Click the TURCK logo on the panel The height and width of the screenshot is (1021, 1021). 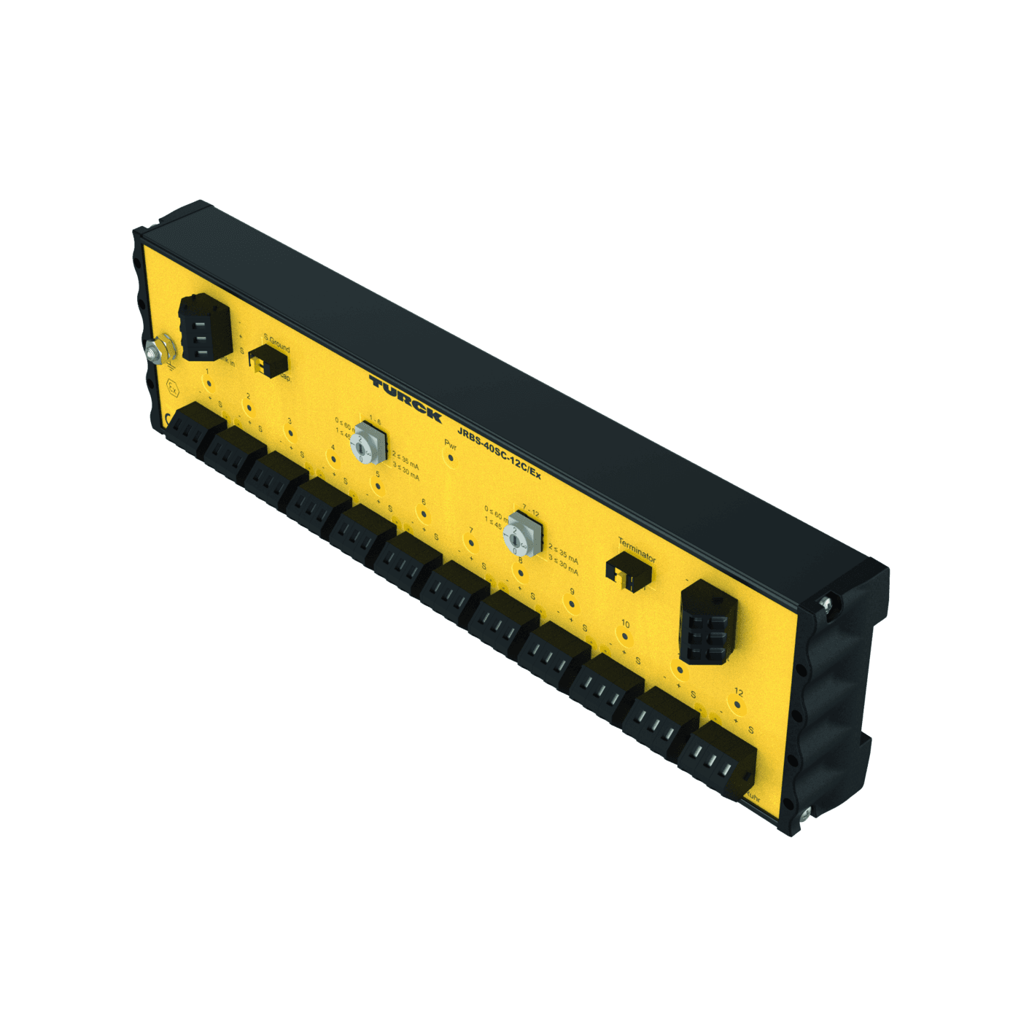405,398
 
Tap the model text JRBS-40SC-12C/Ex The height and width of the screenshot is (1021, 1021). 499,453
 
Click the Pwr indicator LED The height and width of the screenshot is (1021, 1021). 451,458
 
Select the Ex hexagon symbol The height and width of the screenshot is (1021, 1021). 173,387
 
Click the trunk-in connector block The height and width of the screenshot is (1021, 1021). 204,328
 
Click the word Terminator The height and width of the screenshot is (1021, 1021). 637,549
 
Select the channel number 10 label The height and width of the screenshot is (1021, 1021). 625,624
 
